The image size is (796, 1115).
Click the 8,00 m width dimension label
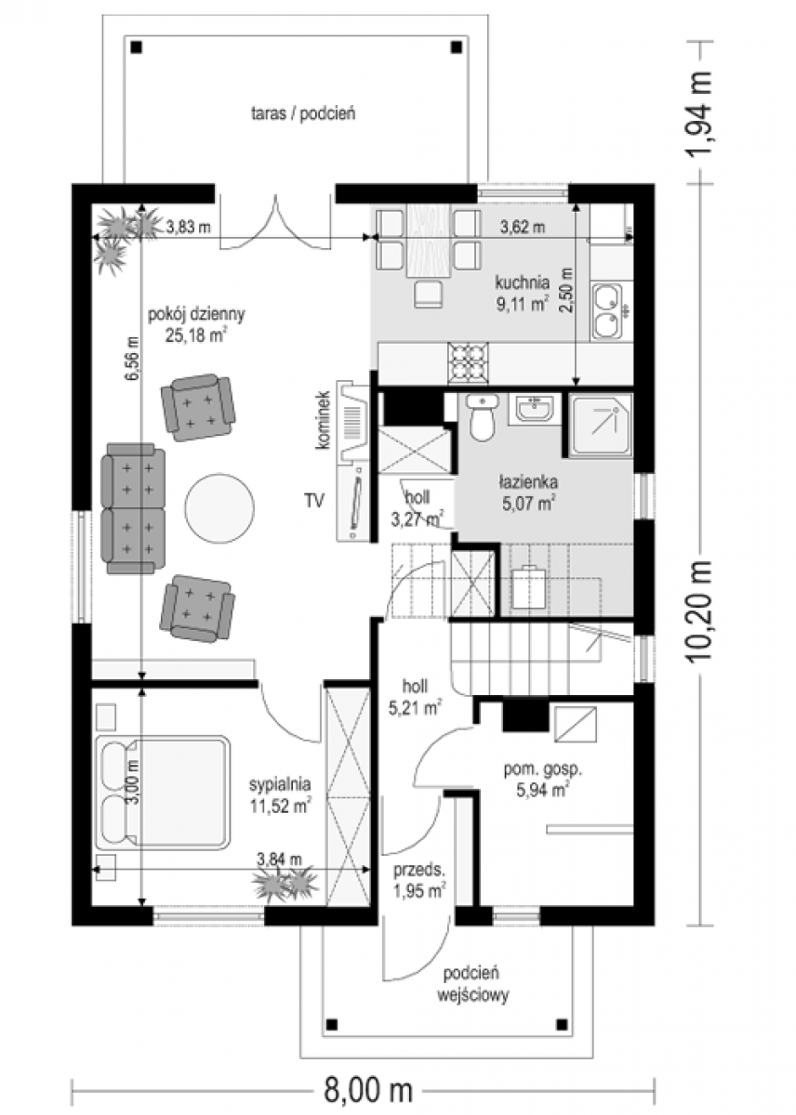[x=367, y=1091]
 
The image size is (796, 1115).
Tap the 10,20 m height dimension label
[x=700, y=611]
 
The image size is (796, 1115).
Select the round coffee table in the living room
[x=219, y=507]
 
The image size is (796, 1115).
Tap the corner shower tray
[x=601, y=426]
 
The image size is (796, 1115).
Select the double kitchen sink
[x=606, y=311]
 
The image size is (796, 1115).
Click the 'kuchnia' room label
[x=522, y=282]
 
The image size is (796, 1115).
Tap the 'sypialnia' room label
[x=280, y=784]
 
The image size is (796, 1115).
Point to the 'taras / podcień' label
[x=303, y=113]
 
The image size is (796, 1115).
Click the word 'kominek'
[x=323, y=421]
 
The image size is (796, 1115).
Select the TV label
[x=315, y=500]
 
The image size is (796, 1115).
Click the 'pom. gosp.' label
[x=543, y=769]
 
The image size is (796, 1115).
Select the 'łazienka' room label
[x=528, y=482]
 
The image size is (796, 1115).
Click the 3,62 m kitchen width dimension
[x=522, y=227]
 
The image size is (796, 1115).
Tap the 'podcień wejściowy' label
[x=472, y=983]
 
